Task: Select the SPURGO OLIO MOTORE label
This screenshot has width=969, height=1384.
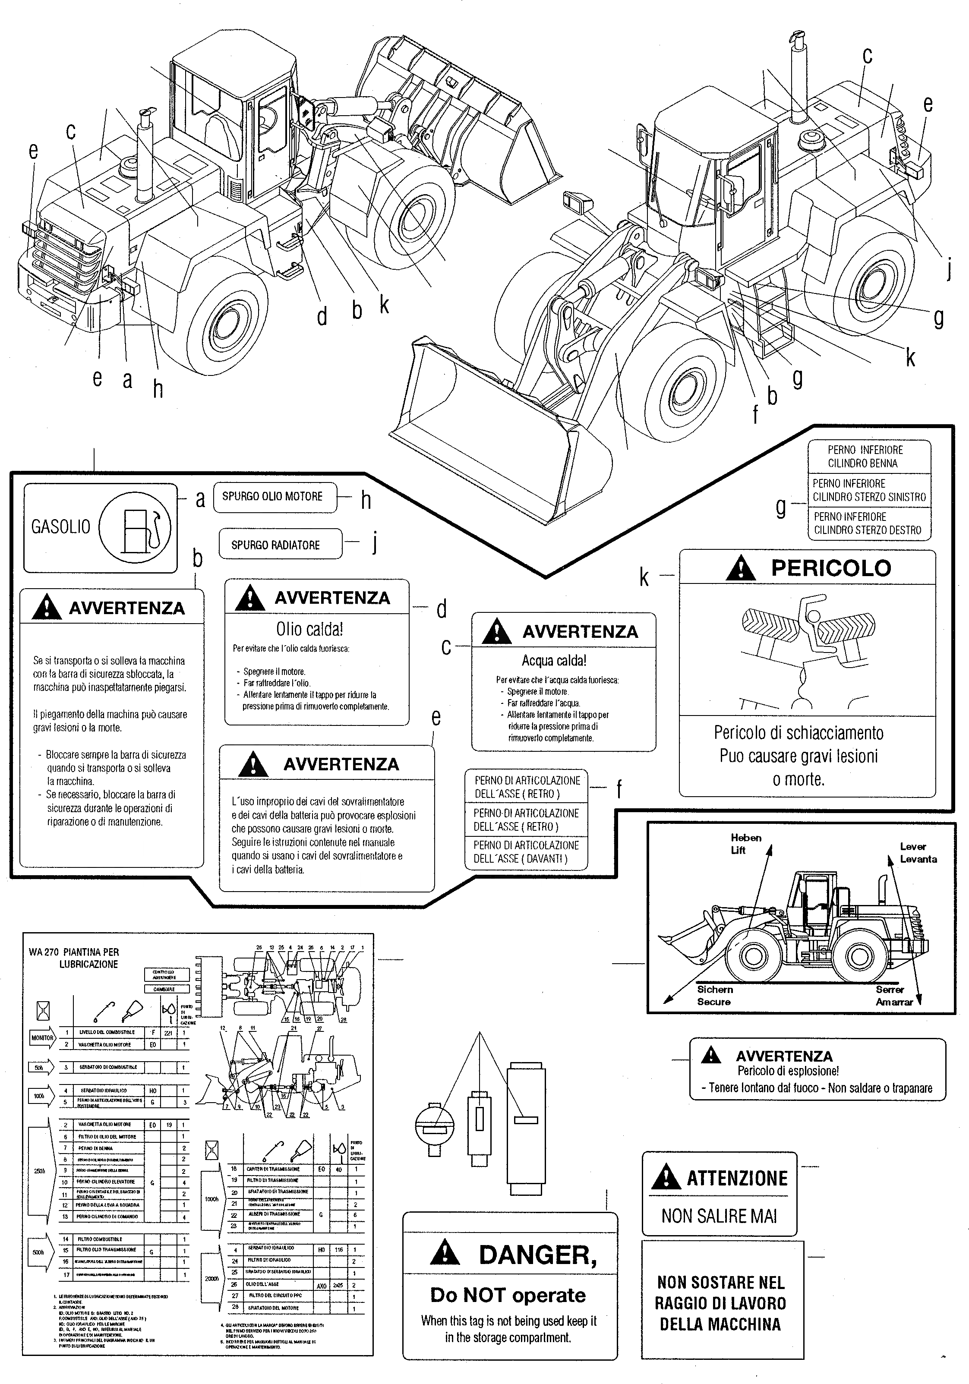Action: (272, 497)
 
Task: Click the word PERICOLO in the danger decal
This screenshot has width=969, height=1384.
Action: (830, 568)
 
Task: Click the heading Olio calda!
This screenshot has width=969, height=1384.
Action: (309, 629)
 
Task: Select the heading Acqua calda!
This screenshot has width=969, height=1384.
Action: (553, 661)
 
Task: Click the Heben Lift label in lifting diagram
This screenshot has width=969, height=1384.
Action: (746, 844)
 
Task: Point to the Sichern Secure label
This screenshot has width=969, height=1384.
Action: (714, 996)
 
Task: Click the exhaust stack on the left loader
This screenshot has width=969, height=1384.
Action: (145, 160)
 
